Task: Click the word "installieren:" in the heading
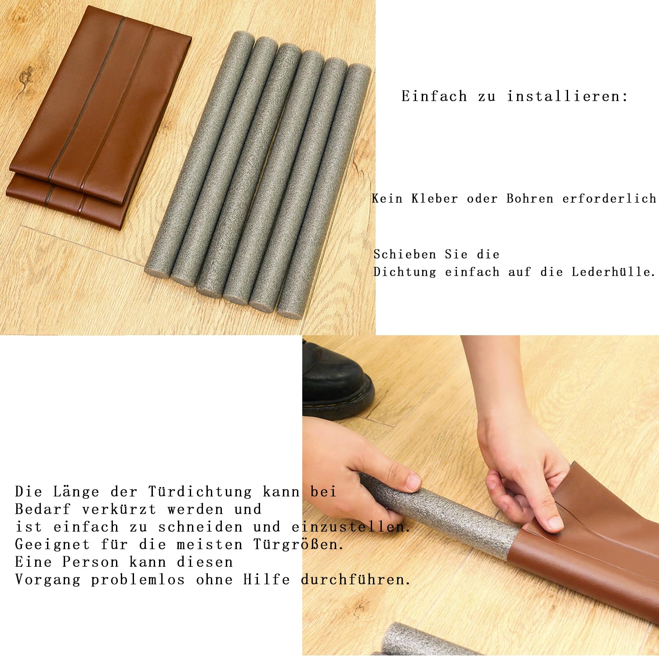(567, 96)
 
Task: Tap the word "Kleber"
(435, 199)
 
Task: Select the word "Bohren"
(529, 199)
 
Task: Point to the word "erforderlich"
(609, 199)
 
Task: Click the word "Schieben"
(405, 254)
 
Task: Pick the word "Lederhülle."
(613, 272)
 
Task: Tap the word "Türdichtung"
(200, 492)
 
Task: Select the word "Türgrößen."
(298, 544)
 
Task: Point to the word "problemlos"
(138, 580)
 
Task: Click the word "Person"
(91, 562)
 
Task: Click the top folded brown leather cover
(101, 101)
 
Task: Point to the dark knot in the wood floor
(25, 77)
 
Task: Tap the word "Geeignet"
(52, 544)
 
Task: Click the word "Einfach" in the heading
(434, 96)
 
